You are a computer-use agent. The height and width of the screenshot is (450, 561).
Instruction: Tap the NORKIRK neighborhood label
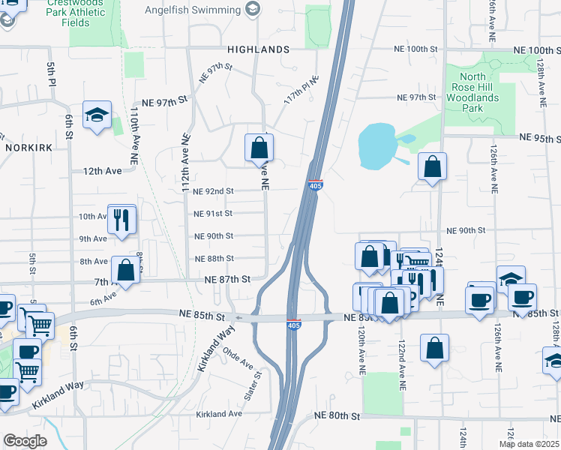28,148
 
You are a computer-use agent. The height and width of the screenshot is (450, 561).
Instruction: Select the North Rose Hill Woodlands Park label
482,92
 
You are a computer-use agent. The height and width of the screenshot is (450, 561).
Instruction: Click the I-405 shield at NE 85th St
295,323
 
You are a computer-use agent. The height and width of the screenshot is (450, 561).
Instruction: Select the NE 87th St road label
226,279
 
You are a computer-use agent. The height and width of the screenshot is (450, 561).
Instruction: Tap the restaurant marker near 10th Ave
121,219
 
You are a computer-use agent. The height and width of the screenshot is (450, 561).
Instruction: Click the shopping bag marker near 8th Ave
126,271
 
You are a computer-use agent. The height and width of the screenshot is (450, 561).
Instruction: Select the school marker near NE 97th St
97,115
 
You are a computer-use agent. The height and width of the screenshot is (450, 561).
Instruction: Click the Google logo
25,441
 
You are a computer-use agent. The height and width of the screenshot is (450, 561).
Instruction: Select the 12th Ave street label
103,171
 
